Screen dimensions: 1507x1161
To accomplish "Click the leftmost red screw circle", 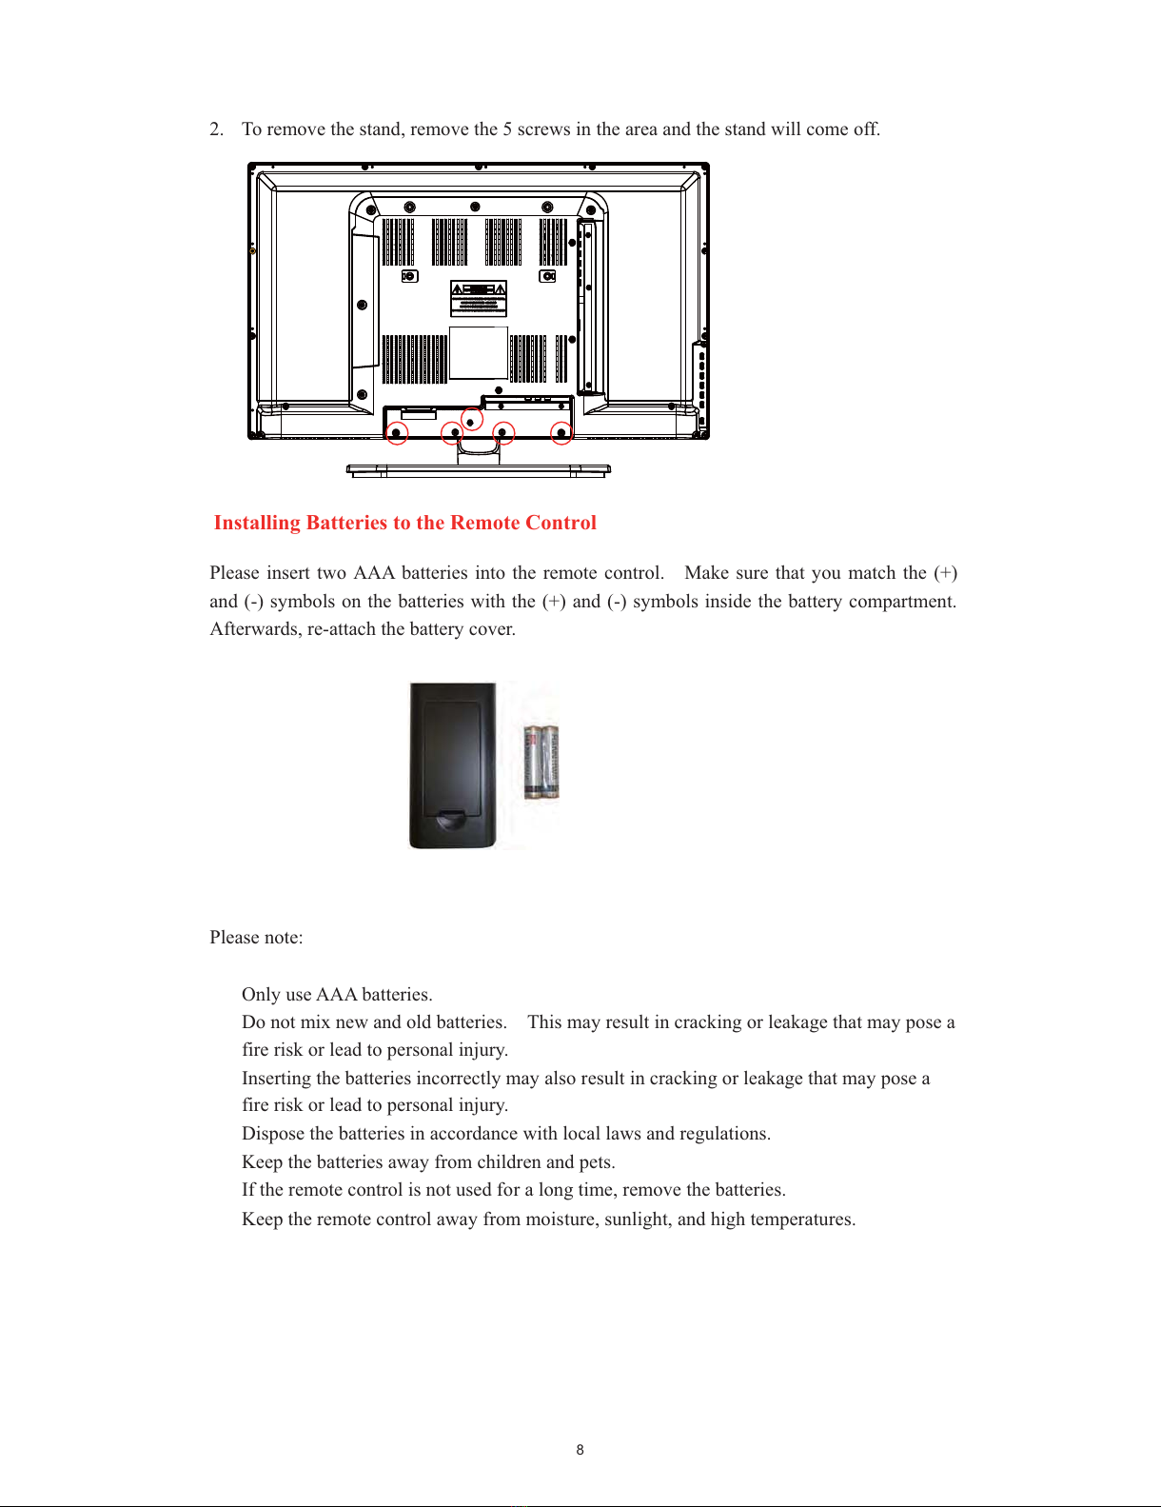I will click(x=397, y=433).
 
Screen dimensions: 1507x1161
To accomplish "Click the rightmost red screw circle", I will click(x=561, y=433).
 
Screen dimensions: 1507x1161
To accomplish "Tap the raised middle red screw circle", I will click(x=471, y=420).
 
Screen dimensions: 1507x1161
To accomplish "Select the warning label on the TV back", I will click(x=479, y=298).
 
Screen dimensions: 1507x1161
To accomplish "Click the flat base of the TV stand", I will click(x=478, y=469).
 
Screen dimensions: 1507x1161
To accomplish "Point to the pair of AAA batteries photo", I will click(x=541, y=762).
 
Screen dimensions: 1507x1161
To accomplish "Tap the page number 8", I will click(x=580, y=1450).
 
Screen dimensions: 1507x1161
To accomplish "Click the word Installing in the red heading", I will click(x=257, y=523).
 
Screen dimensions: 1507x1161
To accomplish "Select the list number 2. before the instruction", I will click(x=217, y=129).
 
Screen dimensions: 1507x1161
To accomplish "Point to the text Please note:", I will click(x=256, y=938).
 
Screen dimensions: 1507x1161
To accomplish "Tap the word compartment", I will click(x=901, y=602).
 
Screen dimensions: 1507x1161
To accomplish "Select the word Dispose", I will click(x=273, y=1134).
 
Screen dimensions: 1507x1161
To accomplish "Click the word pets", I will click(x=597, y=1162).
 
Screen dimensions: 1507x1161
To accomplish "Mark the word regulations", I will click(x=724, y=1134).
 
